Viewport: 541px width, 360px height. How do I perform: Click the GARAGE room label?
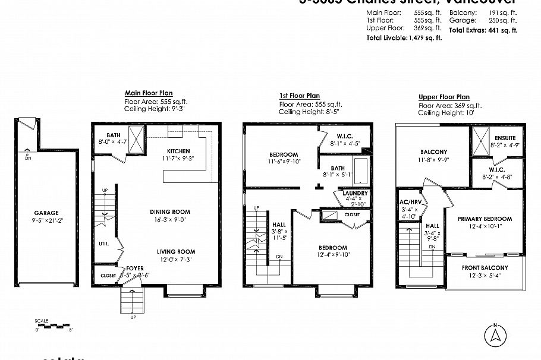45,213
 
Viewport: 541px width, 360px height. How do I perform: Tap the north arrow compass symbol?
493,336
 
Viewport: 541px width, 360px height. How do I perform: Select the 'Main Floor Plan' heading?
149,93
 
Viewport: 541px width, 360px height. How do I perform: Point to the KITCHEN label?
178,151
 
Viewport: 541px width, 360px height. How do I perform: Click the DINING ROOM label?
170,211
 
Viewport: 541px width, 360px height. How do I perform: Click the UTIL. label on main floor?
104,244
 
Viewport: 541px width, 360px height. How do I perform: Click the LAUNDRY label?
355,194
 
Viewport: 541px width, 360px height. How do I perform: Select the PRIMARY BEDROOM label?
485,219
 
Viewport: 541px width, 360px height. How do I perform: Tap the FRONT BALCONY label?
485,268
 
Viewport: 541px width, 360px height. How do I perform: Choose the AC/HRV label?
410,202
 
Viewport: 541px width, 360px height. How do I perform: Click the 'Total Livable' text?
387,37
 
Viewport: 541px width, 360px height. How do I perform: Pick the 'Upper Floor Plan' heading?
444,97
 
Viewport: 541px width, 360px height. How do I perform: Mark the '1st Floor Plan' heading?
299,96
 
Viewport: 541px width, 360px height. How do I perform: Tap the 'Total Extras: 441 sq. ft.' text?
483,30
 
